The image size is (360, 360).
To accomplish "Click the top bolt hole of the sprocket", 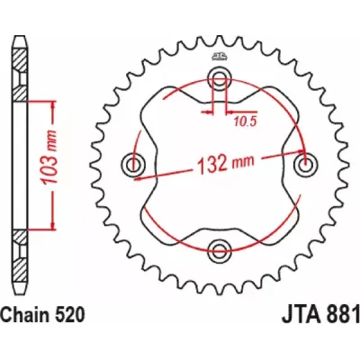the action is [x=219, y=76].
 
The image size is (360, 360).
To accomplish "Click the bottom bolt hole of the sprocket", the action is [x=219, y=247].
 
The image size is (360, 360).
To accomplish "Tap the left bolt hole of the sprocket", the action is [x=133, y=164].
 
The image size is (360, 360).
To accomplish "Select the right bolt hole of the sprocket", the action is [x=306, y=164].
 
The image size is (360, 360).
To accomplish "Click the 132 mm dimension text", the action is [x=225, y=163].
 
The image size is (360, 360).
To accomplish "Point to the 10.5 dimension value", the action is [x=245, y=121].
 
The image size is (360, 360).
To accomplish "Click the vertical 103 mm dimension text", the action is [x=50, y=157].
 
